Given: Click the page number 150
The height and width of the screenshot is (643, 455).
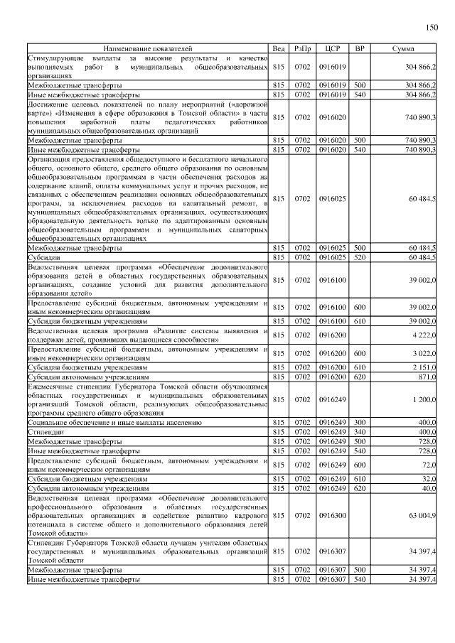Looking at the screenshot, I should pyautogui.click(x=431, y=28).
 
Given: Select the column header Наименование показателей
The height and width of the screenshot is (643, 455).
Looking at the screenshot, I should pyautogui.click(x=148, y=48).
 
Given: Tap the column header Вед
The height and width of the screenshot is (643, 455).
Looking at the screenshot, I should pyautogui.click(x=279, y=48).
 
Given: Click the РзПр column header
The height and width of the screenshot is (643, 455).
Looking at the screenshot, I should pyautogui.click(x=302, y=48).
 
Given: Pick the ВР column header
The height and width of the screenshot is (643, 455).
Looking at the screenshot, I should pyautogui.click(x=360, y=48).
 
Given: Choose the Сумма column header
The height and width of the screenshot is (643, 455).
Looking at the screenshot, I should pyautogui.click(x=404, y=48).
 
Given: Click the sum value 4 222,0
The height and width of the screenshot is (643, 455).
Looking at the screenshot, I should pyautogui.click(x=424, y=335).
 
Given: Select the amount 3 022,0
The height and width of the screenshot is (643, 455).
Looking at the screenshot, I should pyautogui.click(x=424, y=353).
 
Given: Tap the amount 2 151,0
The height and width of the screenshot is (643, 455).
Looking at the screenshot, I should pyautogui.click(x=424, y=367).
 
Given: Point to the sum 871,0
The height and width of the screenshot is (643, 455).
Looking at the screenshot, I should pyautogui.click(x=427, y=377).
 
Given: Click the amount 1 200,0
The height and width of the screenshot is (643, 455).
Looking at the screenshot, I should pyautogui.click(x=424, y=399).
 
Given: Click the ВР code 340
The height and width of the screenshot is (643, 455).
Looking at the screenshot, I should pyautogui.click(x=360, y=432).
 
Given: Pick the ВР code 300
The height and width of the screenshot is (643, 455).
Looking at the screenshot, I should pyautogui.click(x=360, y=423).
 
